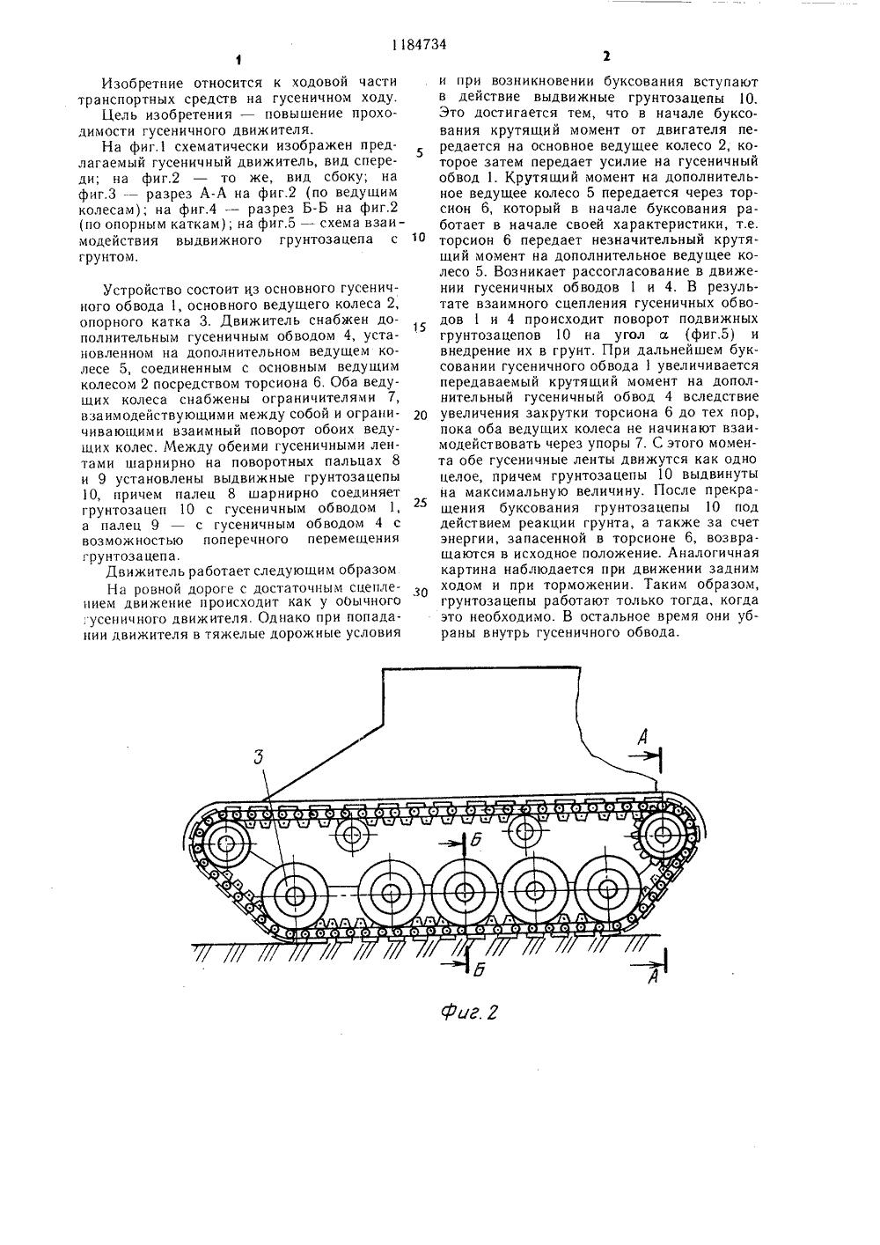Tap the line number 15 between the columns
point(420,328)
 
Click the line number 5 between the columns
point(420,151)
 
